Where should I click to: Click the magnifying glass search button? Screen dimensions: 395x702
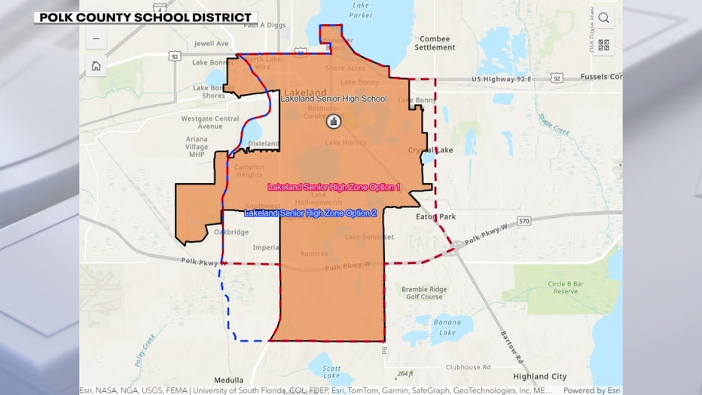pyautogui.click(x=604, y=18)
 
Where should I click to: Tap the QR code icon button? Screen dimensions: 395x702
pyautogui.click(x=604, y=44)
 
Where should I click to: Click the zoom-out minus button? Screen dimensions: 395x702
pyautogui.click(x=96, y=38)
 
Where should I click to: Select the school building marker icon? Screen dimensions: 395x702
pyautogui.click(x=334, y=121)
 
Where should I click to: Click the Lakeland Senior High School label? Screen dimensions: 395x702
pyautogui.click(x=334, y=99)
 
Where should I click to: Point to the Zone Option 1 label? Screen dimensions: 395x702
pyautogui.click(x=334, y=186)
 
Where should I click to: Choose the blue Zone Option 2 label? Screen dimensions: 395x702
pyautogui.click(x=310, y=213)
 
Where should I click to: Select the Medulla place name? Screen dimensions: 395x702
pyautogui.click(x=229, y=379)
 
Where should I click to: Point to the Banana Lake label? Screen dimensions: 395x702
pyautogui.click(x=446, y=327)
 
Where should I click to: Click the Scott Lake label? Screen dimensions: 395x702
pyautogui.click(x=331, y=372)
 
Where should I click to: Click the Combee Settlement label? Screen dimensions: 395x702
pyautogui.click(x=435, y=43)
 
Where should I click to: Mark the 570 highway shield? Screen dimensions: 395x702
pyautogui.click(x=524, y=220)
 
